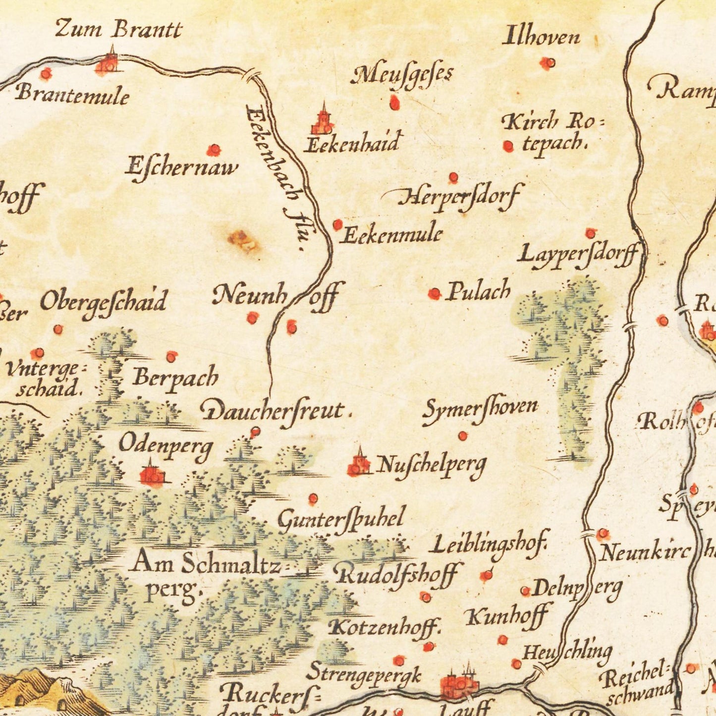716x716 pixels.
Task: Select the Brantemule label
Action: [72, 94]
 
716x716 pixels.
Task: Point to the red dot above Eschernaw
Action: [214, 150]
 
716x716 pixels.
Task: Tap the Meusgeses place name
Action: [402, 75]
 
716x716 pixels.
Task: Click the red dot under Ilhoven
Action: [548, 63]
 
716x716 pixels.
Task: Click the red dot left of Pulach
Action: [434, 294]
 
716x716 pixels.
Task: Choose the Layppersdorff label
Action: [577, 255]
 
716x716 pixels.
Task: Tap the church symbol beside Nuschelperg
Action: [359, 464]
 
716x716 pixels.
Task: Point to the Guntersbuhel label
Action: [341, 520]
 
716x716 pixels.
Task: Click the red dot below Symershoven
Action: [462, 436]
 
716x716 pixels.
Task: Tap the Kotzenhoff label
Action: [384, 627]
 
